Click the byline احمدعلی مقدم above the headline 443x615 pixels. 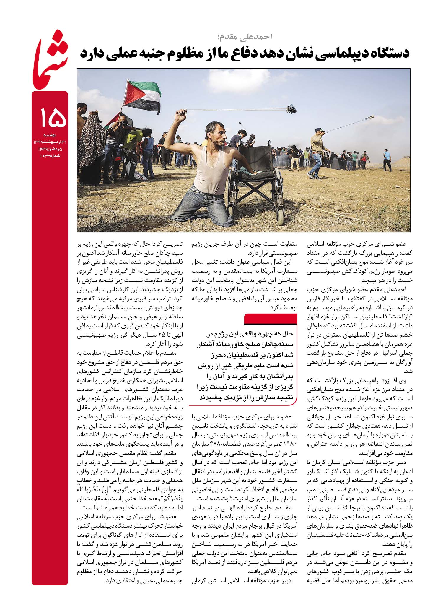pyautogui.click(x=244, y=37)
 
